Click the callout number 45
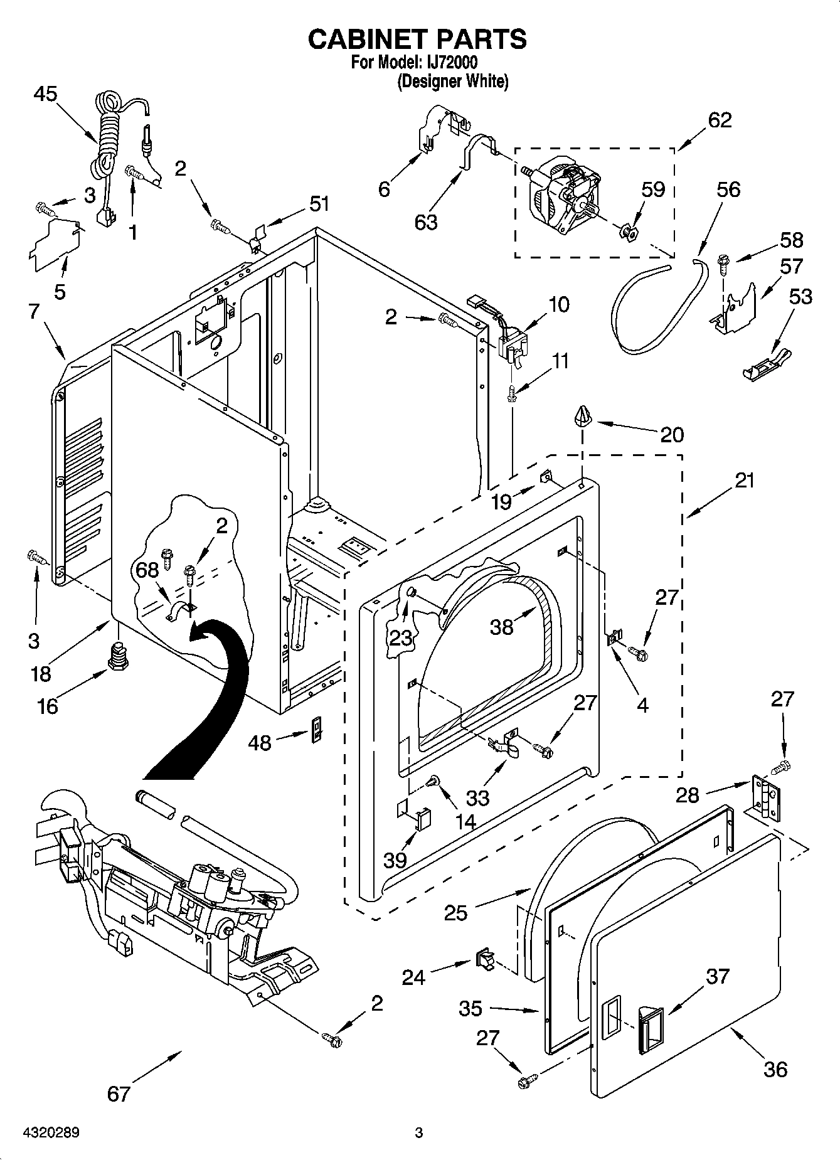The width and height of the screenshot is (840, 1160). [45, 94]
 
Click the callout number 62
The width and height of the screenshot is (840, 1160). [720, 120]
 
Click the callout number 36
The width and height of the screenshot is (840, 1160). [775, 1069]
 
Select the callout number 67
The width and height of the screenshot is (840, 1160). [118, 1093]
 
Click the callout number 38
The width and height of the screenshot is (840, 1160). [501, 626]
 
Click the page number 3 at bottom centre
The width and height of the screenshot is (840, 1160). [419, 1133]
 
